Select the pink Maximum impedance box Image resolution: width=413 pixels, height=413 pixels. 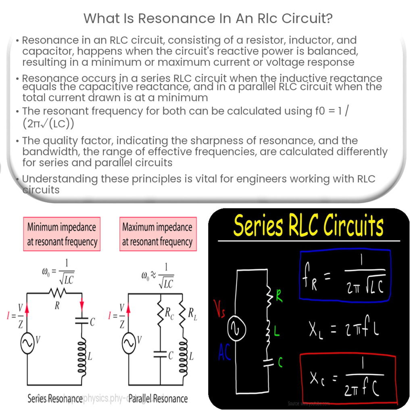coord(158,234)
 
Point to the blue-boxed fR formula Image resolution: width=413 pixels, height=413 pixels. coord(345,276)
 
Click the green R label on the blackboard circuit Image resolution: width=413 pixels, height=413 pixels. coord(279,298)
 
